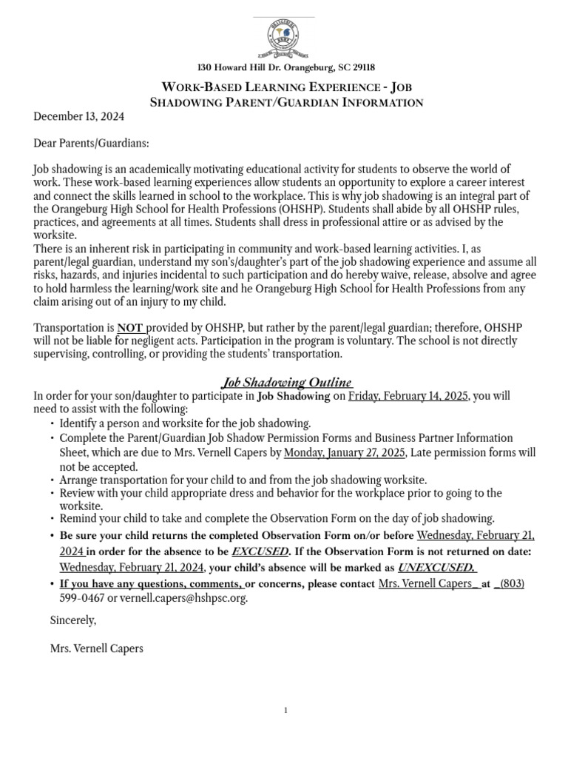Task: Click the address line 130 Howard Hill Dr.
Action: [284, 67]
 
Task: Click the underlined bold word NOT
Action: [130, 327]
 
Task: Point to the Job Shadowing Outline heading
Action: [288, 382]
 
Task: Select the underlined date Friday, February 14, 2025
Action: [408, 396]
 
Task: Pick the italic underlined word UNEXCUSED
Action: [437, 568]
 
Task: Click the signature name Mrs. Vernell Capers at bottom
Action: [96, 648]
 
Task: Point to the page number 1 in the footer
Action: [285, 711]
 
